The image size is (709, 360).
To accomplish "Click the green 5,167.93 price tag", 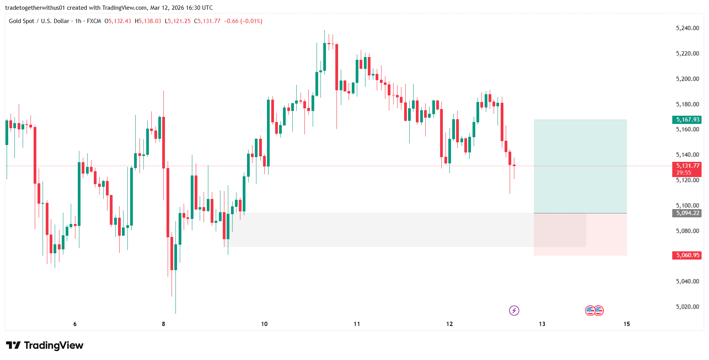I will click(688, 120).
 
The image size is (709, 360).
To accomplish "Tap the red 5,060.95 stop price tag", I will click(688, 255).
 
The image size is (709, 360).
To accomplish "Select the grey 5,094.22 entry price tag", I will click(688, 213).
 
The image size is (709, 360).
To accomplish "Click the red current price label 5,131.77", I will click(688, 166).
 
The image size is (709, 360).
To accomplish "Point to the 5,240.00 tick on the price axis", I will click(687, 28).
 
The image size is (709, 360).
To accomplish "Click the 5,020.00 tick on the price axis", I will click(687, 307).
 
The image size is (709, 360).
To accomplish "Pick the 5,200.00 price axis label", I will click(687, 79).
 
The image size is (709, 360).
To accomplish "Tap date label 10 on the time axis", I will click(264, 324).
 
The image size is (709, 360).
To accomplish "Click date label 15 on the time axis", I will click(627, 324).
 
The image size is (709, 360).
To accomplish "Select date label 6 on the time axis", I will click(75, 324).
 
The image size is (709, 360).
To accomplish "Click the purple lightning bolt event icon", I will click(514, 311).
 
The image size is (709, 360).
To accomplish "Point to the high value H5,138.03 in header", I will click(148, 21).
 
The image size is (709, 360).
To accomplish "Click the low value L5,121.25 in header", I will click(178, 21).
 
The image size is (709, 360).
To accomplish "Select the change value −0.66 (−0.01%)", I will click(243, 21).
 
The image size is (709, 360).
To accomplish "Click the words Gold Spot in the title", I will click(21, 21).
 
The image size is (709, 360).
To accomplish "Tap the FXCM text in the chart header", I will click(94, 21).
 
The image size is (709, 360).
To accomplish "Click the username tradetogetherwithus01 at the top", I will click(35, 8).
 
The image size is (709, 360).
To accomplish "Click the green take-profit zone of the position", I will click(580, 166).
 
